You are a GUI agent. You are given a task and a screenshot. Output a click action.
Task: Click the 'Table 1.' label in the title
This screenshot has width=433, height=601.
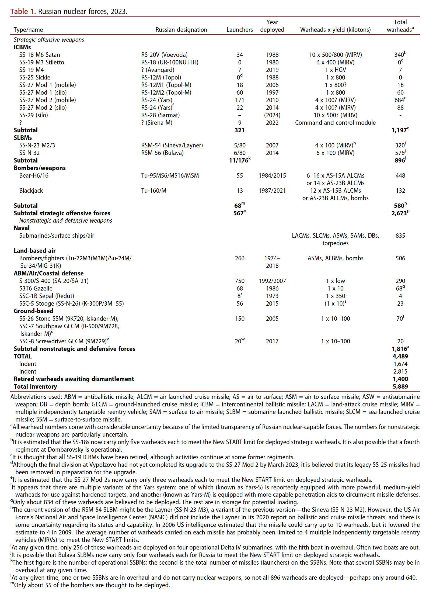click(23, 12)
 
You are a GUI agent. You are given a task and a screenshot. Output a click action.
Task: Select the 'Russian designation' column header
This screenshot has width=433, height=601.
click(181, 30)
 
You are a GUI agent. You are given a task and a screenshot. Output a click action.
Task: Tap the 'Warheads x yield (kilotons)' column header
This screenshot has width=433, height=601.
click(335, 30)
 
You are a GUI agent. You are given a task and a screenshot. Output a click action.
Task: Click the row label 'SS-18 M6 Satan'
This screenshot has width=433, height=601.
click(40, 55)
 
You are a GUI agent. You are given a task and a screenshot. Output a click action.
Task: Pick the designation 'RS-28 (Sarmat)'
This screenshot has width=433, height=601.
click(160, 115)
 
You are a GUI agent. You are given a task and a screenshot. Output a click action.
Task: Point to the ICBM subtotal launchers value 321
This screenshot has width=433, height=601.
click(239, 130)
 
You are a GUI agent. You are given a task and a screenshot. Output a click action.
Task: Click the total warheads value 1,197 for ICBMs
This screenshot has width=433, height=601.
click(399, 130)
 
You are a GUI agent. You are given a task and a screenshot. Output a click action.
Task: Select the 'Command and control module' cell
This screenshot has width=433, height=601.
click(335, 123)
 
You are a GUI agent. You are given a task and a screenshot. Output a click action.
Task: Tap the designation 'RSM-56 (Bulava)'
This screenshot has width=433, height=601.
click(162, 153)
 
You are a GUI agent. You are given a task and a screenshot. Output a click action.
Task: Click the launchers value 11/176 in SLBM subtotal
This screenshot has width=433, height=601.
click(239, 161)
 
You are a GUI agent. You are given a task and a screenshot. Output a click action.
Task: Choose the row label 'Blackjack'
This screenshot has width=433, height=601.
click(31, 191)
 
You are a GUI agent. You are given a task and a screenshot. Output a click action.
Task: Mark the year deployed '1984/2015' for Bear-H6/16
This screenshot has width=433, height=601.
click(272, 176)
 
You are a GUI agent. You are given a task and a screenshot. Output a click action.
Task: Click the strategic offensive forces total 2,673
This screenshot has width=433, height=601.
click(399, 213)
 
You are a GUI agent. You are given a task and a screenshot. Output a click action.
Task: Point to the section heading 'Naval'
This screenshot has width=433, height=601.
click(22, 228)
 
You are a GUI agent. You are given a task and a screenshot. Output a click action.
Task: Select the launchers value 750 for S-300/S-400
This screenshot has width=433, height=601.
click(239, 281)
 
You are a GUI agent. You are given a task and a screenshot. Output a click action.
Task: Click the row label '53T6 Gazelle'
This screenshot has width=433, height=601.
click(36, 289)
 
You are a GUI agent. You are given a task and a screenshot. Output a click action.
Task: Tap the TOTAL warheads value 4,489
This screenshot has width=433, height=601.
click(400, 357)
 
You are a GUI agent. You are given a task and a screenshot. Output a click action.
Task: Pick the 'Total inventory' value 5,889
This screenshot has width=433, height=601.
click(400, 387)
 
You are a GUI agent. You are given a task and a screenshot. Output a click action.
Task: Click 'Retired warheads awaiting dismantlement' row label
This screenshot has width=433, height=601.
click(74, 379)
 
